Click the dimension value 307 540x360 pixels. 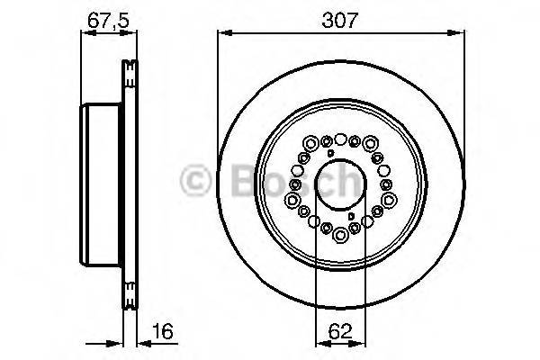coord(341,16)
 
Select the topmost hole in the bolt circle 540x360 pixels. coord(341,138)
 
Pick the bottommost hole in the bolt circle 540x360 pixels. coord(341,237)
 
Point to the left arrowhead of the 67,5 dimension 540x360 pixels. coord(85,34)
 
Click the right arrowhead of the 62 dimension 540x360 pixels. coord(364,343)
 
